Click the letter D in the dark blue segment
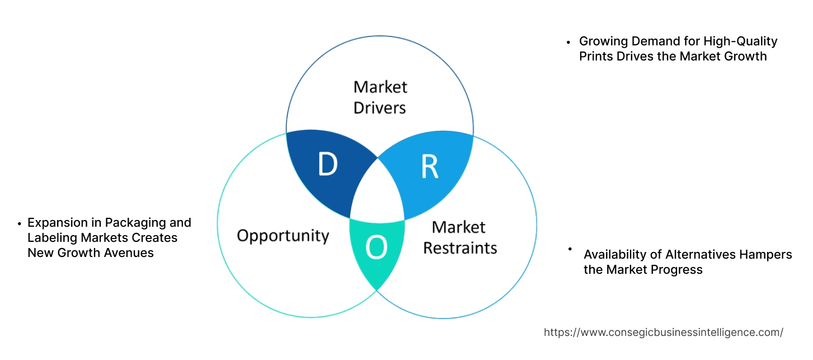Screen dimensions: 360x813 pyautogui.click(x=327, y=165)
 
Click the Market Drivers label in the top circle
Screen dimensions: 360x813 pyautogui.click(x=380, y=97)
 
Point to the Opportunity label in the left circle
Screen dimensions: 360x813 pyautogui.click(x=283, y=235)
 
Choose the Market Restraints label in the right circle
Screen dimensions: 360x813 pyautogui.click(x=459, y=237)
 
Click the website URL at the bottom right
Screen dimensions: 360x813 pyautogui.click(x=663, y=332)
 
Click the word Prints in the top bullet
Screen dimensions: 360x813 pyautogui.click(x=596, y=56)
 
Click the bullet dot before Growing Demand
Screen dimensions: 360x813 pyautogui.click(x=568, y=42)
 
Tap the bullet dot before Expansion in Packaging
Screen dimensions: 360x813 pyautogui.click(x=20, y=223)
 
